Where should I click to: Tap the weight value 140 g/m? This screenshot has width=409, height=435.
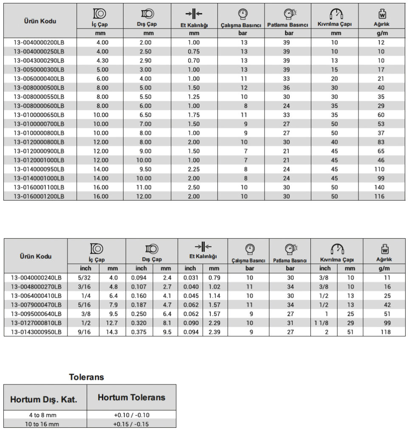[x=381, y=187]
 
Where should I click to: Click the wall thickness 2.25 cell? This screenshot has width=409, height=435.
[x=194, y=169]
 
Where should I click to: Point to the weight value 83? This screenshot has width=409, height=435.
[x=381, y=142]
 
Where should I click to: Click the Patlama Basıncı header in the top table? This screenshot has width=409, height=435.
[x=288, y=25]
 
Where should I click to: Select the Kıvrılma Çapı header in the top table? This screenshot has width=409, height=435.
[x=334, y=25]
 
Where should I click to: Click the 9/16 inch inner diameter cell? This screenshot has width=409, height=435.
[x=83, y=332]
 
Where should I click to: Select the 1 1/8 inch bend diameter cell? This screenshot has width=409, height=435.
[x=324, y=323]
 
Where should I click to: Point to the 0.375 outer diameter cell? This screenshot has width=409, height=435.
[x=141, y=332]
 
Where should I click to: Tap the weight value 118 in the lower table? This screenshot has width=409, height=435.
[x=386, y=332]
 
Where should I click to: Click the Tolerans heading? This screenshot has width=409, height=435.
[x=87, y=377]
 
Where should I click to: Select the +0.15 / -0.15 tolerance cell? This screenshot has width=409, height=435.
[x=131, y=424]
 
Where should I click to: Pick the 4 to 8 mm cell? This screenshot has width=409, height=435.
[x=45, y=415]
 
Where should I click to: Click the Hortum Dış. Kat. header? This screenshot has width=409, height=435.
[x=44, y=399]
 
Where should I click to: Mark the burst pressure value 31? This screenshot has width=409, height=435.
[x=290, y=323]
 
